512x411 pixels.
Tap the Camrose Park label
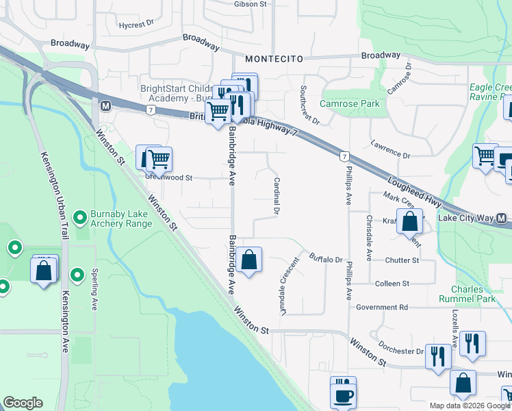[350, 103]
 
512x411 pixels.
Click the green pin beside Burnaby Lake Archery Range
[80, 218]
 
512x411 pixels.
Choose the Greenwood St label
[168, 177]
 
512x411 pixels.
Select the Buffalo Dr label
[325, 259]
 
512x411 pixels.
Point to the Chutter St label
[402, 260]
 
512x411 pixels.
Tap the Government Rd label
[381, 308]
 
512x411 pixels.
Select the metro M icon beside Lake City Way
[502, 219]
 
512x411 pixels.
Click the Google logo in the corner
[23, 403]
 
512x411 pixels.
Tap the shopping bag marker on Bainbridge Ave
[250, 260]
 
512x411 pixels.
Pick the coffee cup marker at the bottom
[343, 395]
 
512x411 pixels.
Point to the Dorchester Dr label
[402, 351]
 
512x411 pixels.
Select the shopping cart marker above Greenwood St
[159, 160]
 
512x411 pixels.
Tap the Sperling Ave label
[94, 292]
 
